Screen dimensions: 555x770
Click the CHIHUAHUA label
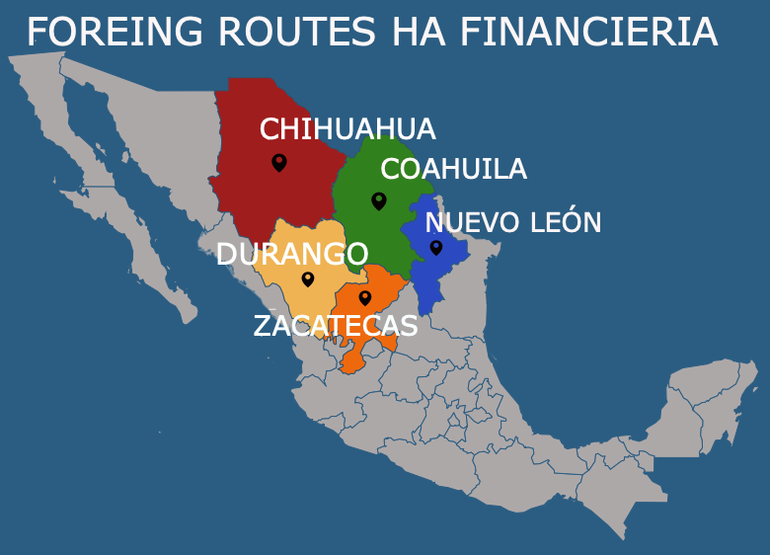347,129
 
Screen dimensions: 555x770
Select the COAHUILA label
453,170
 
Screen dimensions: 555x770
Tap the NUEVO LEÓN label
512,222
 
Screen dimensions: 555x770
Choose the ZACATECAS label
336,326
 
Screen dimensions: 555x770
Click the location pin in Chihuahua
279,162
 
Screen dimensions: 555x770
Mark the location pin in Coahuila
378,200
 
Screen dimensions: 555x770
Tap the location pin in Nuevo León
435,247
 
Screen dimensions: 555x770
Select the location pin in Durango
308,279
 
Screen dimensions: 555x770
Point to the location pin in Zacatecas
364,297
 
